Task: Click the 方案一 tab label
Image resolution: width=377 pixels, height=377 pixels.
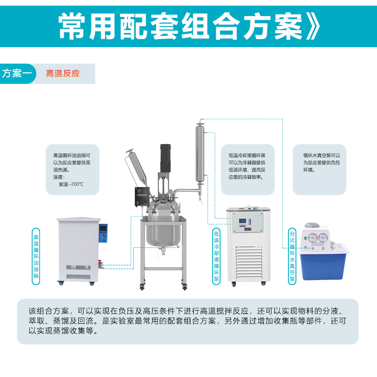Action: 17,74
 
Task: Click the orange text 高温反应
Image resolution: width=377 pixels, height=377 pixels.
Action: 63,74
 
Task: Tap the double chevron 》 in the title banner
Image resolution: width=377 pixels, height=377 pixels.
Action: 312,26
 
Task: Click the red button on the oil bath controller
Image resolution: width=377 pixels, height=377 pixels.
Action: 103,234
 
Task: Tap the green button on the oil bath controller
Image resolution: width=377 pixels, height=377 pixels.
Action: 103,239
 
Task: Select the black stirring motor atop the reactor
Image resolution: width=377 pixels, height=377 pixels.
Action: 165,158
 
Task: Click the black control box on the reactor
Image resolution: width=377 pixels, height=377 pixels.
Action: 142,197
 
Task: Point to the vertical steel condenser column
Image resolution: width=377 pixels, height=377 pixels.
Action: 200,153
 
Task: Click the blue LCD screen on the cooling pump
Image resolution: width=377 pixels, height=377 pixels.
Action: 243,221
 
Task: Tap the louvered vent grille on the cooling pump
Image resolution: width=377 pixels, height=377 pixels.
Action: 249,263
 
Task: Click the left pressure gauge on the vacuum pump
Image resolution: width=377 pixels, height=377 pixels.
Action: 313,238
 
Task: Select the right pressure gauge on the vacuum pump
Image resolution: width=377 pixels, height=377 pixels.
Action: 323,238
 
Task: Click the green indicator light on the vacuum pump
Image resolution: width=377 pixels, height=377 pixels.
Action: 305,238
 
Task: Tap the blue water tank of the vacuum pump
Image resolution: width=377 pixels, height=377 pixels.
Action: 323,265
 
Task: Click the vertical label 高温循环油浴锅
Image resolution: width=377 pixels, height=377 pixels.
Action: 36,256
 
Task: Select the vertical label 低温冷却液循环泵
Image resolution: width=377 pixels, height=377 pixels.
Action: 216,256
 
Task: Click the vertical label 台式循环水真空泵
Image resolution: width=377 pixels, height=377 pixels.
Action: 292,256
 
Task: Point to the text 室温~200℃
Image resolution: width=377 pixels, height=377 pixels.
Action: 71,184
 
